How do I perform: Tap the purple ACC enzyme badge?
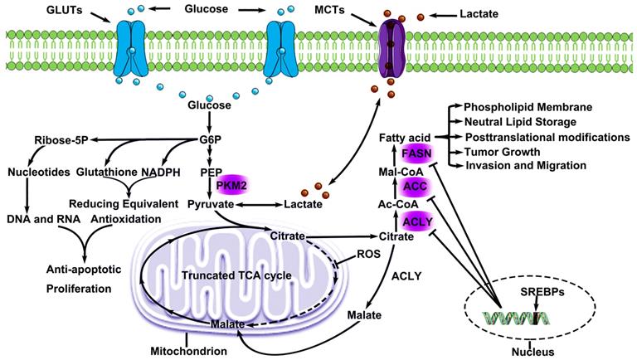(414, 187)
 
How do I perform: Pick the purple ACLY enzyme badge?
(414, 219)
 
